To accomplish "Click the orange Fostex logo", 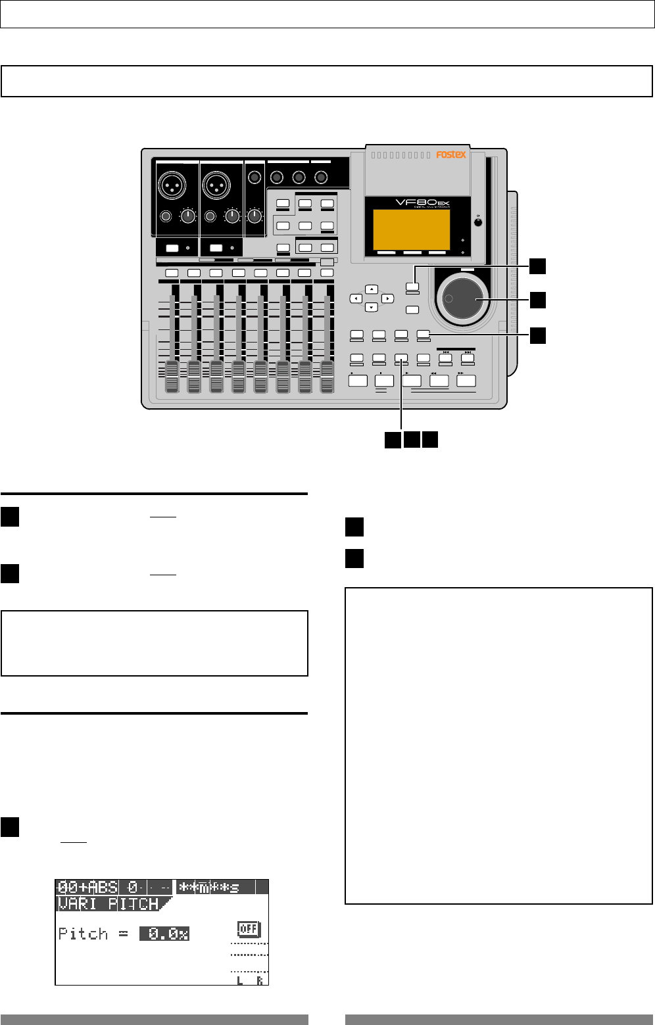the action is (451, 155).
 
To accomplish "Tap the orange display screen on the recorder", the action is (411, 229).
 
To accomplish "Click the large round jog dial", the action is (462, 299).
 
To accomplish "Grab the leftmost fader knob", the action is (172, 377).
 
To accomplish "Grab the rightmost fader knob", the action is (327, 377).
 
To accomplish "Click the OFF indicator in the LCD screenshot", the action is (249, 929).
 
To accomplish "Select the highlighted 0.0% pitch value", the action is (164, 934).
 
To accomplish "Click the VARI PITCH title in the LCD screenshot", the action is (109, 903).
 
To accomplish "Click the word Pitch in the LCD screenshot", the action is (83, 934).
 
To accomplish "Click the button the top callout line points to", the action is (413, 287).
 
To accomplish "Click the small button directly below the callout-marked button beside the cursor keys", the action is (413, 309).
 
